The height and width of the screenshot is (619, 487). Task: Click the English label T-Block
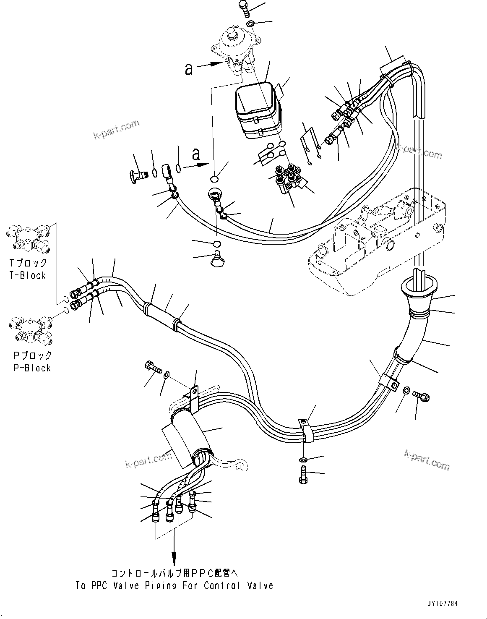click(28, 276)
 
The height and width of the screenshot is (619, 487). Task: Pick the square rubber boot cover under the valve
click(257, 109)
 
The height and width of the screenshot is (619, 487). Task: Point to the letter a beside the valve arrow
click(189, 68)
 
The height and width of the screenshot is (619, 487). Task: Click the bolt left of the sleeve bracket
click(152, 368)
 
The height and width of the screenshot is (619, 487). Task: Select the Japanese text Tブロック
click(28, 263)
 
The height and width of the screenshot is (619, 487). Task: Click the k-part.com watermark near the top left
click(116, 130)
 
